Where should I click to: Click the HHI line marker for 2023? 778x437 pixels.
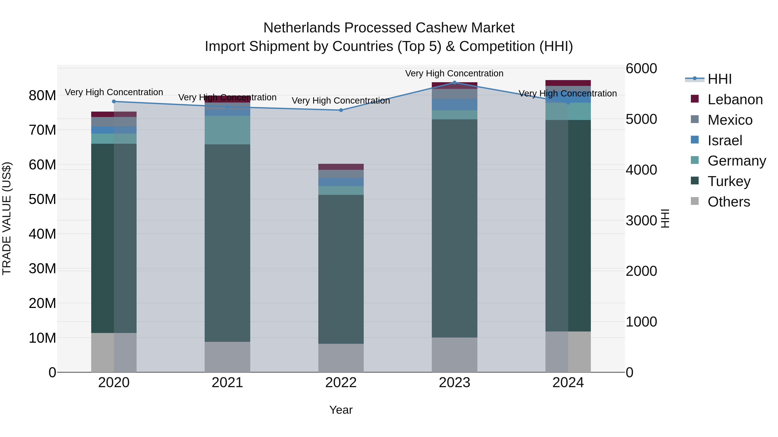454,83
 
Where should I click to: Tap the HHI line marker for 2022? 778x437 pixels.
341,110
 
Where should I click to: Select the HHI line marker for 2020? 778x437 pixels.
114,101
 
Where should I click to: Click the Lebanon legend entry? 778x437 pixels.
735,99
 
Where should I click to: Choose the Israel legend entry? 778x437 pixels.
725,140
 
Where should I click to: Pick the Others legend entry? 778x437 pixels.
729,202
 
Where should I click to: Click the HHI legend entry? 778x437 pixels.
719,79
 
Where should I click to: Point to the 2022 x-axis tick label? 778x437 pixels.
341,383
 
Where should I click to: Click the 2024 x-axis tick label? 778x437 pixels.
568,383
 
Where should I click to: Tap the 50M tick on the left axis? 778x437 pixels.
42,199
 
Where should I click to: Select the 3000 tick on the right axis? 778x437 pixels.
641,221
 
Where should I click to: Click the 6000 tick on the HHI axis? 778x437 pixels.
641,68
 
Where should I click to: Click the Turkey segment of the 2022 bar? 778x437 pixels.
341,269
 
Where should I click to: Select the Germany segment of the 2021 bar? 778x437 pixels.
227,130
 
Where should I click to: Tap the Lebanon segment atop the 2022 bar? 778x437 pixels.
341,167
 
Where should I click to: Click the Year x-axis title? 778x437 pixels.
341,410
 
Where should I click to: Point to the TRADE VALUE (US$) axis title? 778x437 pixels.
7,218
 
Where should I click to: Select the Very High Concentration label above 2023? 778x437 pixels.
454,73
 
